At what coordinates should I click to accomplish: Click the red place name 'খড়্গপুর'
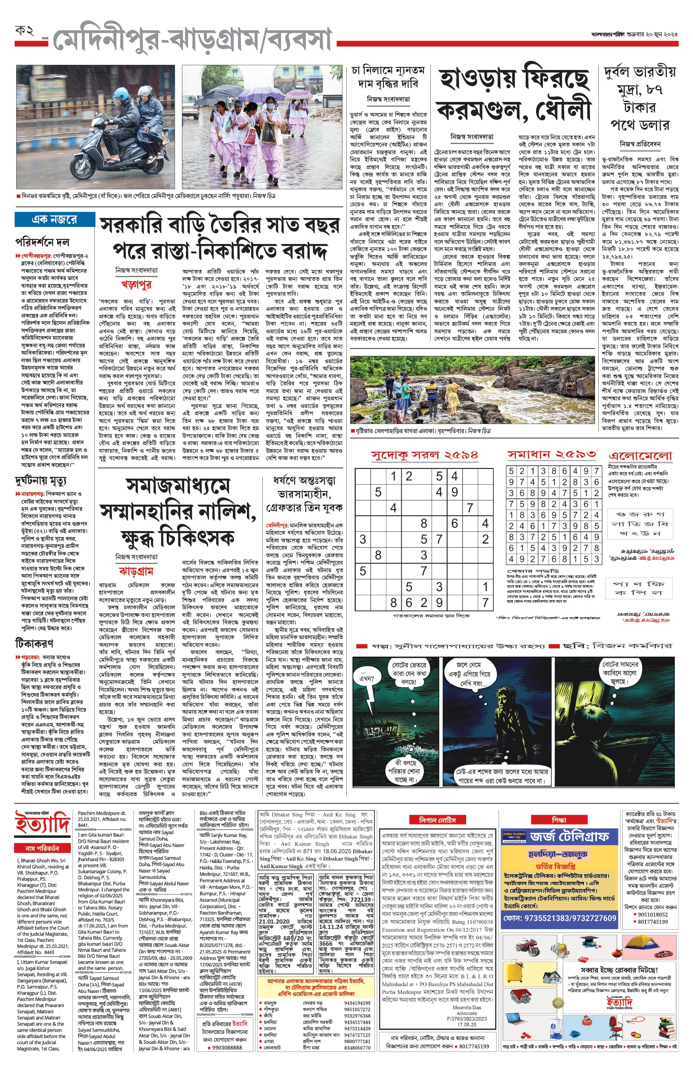click(x=136, y=285)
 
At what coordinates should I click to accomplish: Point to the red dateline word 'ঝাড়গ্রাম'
click(x=136, y=571)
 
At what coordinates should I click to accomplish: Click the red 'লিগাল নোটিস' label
click(x=438, y=820)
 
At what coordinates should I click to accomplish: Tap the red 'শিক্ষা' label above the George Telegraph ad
click(x=559, y=820)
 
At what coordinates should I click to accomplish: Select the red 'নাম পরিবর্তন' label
click(x=42, y=848)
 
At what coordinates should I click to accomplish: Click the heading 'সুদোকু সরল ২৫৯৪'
click(x=424, y=455)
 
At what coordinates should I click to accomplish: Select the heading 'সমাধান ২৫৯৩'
click(x=552, y=455)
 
